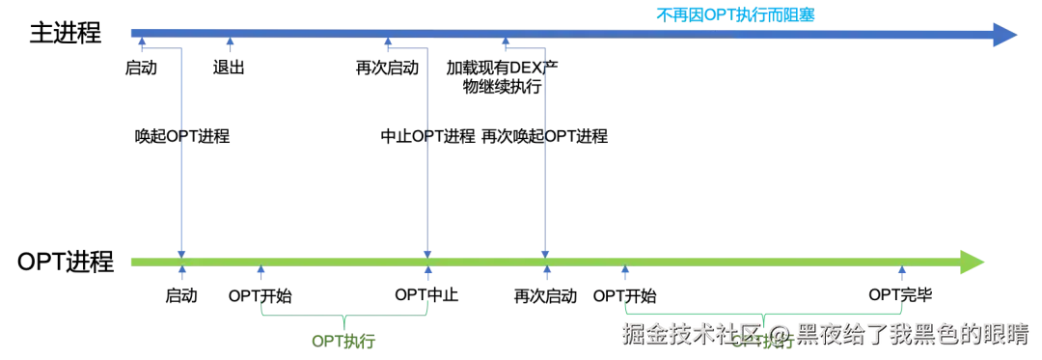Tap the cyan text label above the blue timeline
[736, 14]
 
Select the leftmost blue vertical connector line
[181, 145]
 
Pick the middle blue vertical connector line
[428, 145]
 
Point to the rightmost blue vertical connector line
[545, 145]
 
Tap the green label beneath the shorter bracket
[343, 340]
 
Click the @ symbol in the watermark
[780, 335]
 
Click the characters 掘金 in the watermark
[642, 335]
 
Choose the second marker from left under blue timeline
[230, 42]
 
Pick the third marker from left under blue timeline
[386, 42]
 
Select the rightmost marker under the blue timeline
[507, 42]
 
